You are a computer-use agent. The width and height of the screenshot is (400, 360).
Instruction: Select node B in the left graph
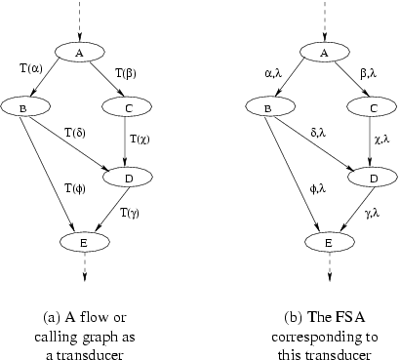pos(22,105)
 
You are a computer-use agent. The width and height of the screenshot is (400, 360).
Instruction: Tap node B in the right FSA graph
pos(266,105)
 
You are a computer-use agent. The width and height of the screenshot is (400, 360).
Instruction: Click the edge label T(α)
pos(30,69)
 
